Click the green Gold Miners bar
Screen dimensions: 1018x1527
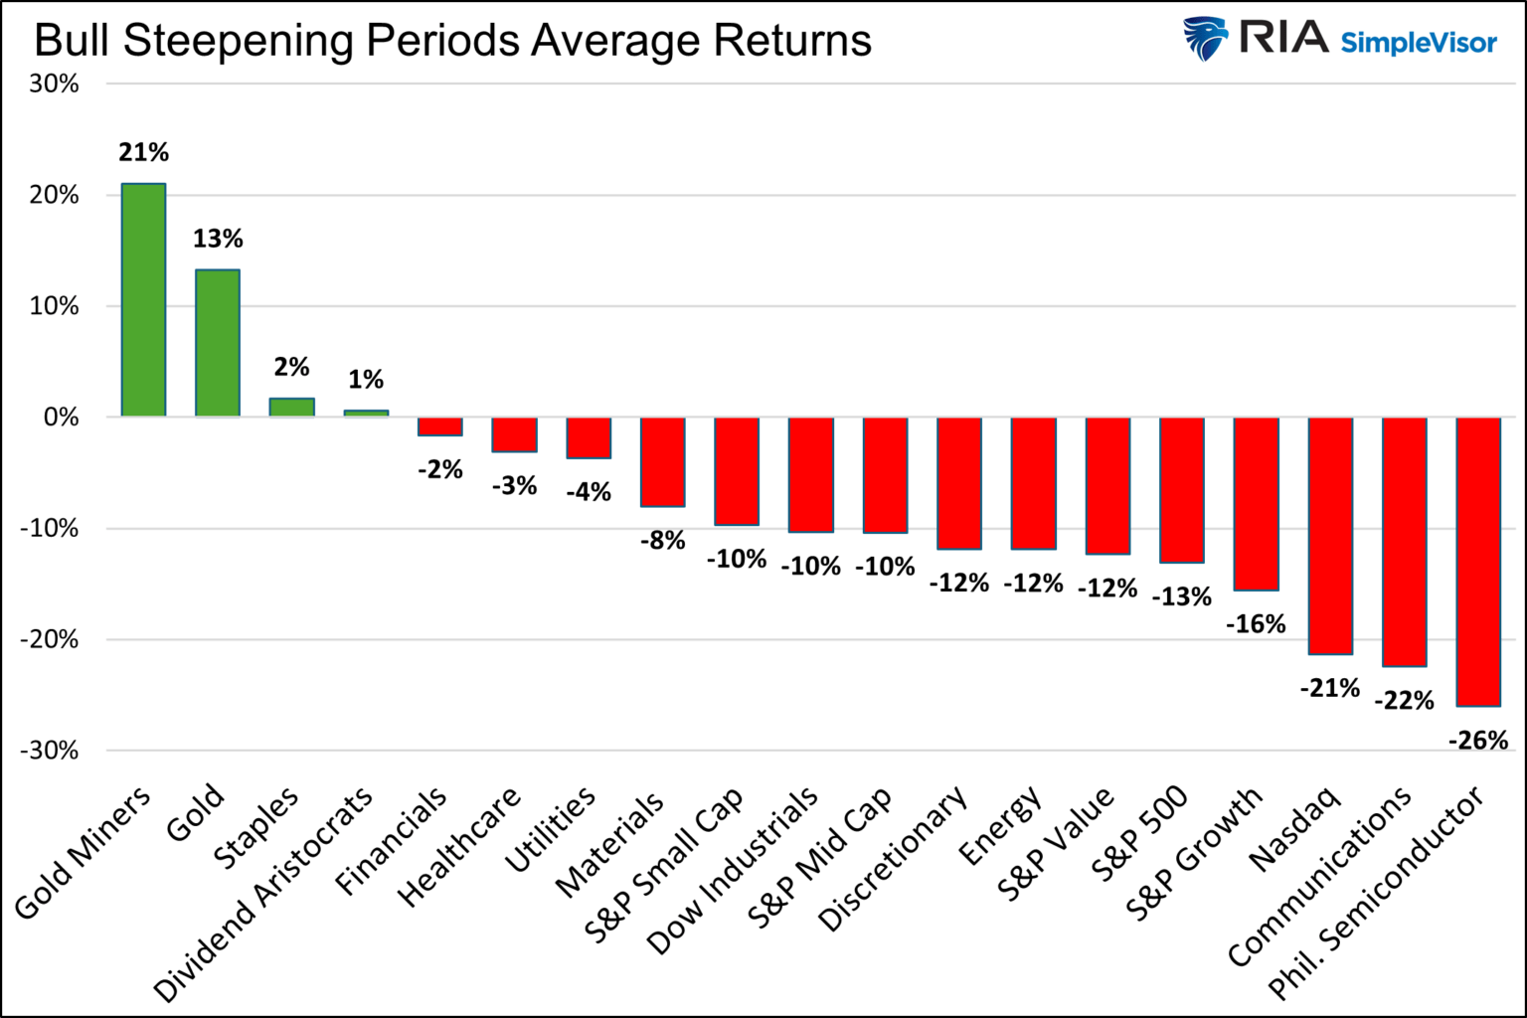(143, 299)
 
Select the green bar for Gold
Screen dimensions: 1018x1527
(218, 343)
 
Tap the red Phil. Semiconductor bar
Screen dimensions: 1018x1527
(1478, 562)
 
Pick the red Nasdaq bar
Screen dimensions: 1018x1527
(1330, 536)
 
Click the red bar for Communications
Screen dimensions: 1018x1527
(1404, 542)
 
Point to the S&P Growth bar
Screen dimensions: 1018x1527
(1256, 504)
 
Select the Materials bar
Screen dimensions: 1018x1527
(662, 462)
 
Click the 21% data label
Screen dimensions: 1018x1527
(143, 153)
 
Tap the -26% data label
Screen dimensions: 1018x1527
(1477, 741)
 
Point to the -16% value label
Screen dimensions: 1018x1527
(1256, 624)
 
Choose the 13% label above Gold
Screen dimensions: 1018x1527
(218, 240)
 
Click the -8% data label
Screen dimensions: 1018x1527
(662, 541)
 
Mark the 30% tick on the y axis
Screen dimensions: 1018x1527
(54, 85)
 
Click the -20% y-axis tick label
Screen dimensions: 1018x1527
(50, 640)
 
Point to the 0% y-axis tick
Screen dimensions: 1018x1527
(60, 418)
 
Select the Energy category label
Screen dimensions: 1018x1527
(1000, 825)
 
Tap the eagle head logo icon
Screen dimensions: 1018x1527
(1206, 40)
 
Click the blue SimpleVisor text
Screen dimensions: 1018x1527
(1419, 44)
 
